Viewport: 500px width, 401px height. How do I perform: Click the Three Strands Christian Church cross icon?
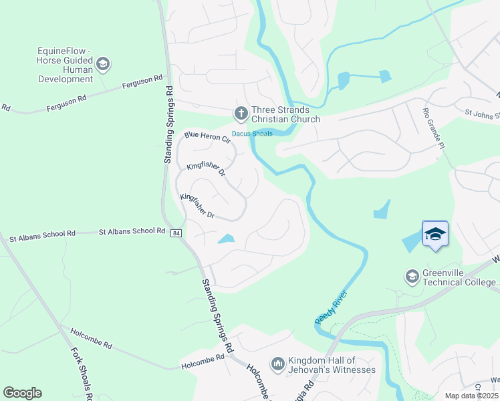240,113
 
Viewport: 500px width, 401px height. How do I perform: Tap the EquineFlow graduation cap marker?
102,65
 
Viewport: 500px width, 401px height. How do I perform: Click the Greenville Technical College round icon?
412,275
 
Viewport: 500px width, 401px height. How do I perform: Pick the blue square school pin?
434,234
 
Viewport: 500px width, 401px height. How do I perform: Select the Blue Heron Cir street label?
207,137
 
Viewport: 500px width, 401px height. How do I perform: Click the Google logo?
22,393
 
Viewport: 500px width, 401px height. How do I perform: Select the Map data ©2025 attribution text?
471,396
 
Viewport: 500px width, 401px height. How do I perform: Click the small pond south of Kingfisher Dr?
227,239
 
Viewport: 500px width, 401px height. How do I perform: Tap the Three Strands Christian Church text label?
285,115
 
